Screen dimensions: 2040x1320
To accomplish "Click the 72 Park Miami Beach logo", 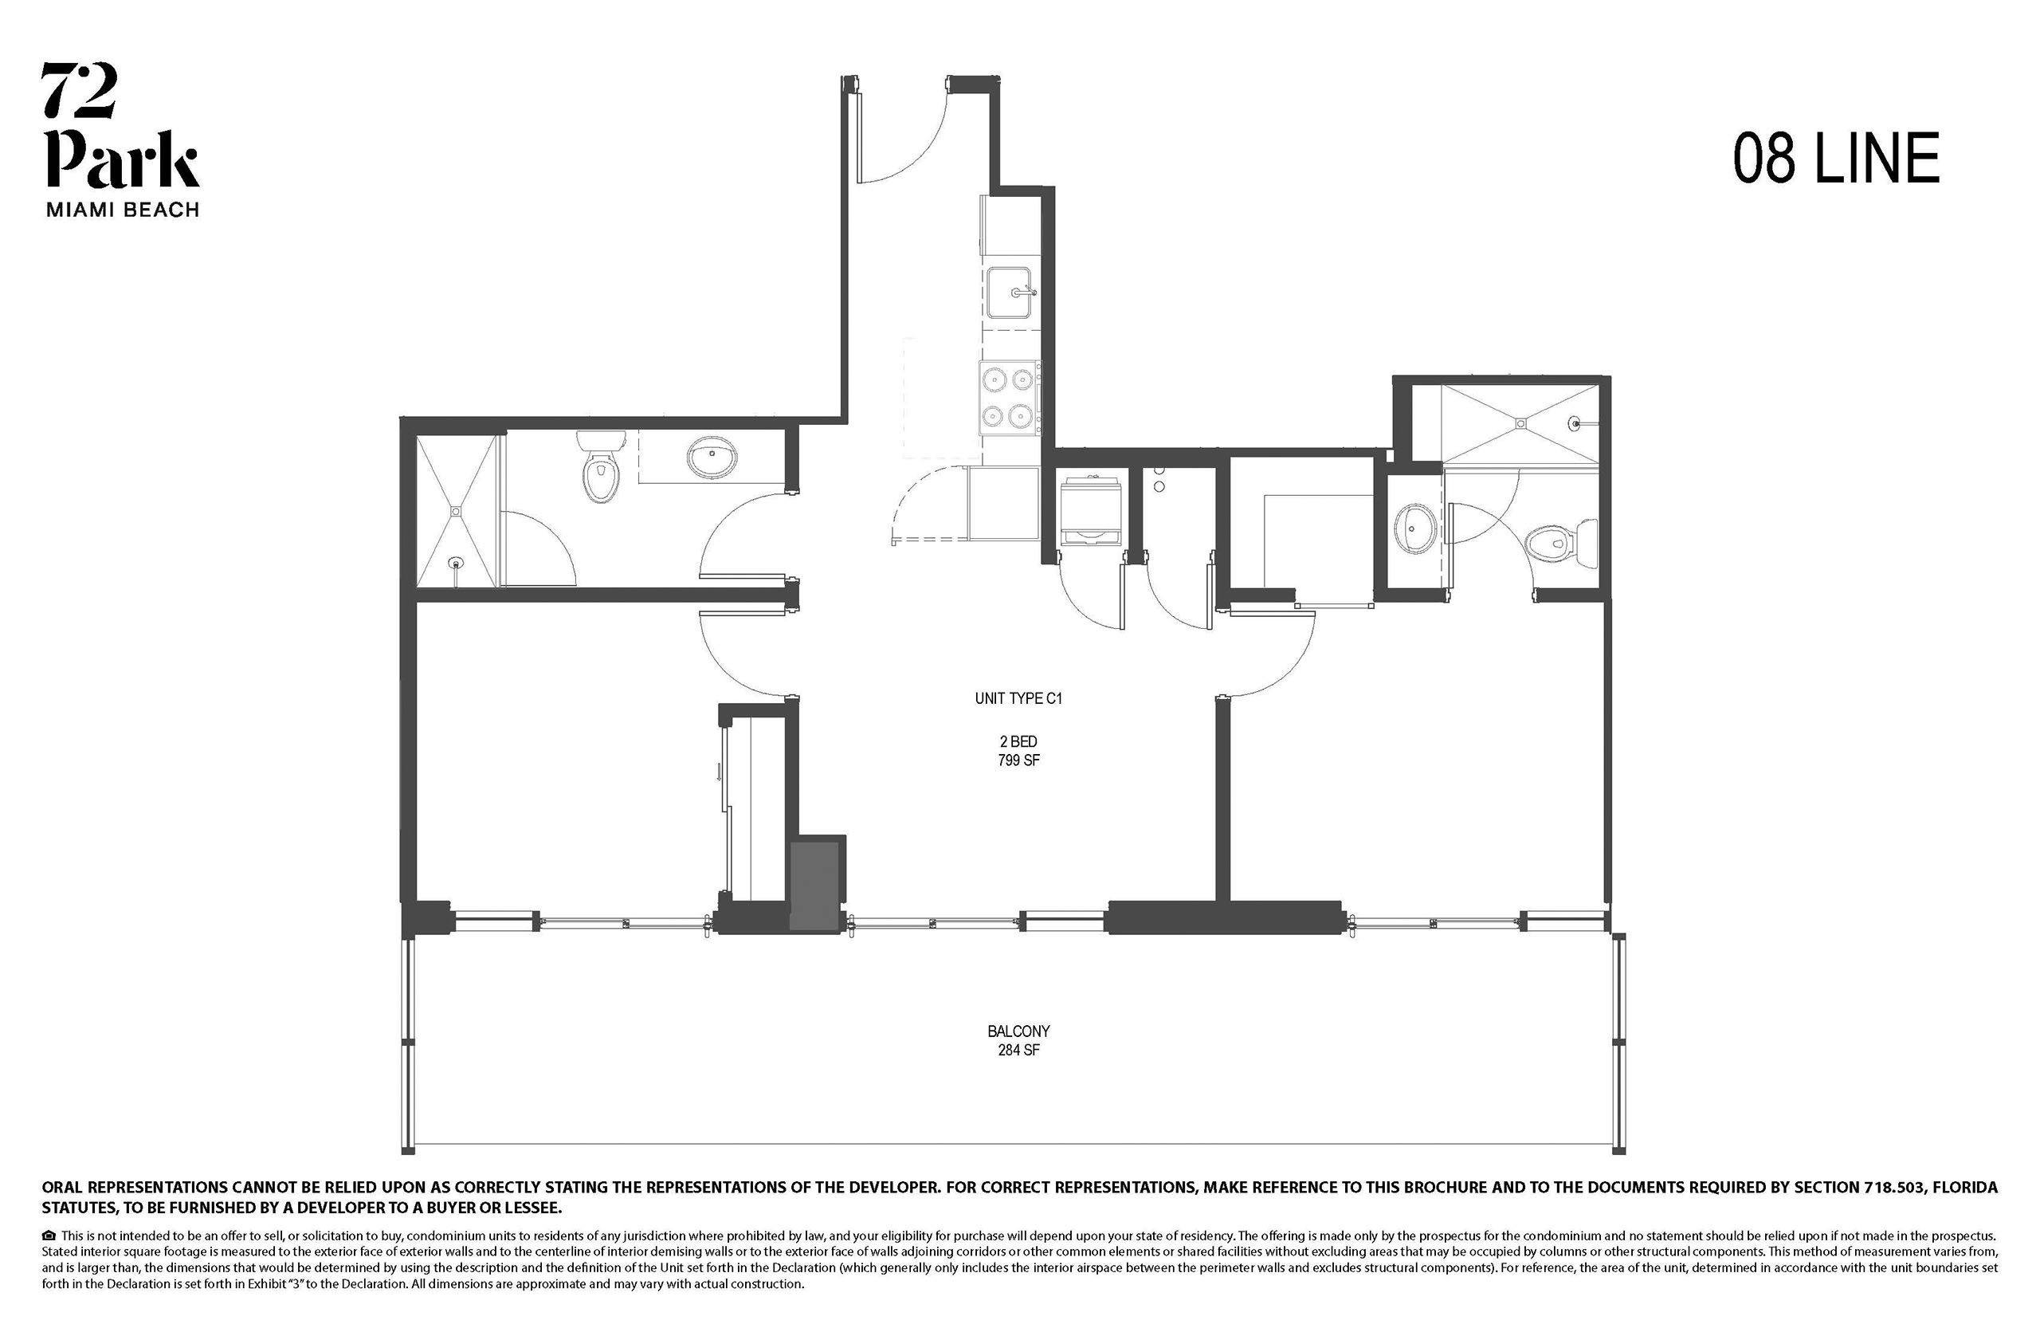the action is [x=122, y=139].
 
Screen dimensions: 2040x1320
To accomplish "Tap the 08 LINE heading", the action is [x=1836, y=159].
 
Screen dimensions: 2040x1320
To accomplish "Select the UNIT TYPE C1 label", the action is [x=1018, y=698].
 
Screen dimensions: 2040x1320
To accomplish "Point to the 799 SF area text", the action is [x=1018, y=760].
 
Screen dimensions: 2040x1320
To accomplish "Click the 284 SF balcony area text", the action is [x=1018, y=1050].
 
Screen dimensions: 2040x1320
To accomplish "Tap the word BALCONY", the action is [x=1018, y=1031].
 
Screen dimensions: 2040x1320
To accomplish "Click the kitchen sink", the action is [x=1011, y=293].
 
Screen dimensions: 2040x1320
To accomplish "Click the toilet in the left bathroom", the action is [x=600, y=466].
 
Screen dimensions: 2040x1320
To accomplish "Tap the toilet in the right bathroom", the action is [x=1562, y=543].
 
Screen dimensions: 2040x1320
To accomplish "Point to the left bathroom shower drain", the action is [x=457, y=512].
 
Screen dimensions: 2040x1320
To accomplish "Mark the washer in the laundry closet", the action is [x=1091, y=512].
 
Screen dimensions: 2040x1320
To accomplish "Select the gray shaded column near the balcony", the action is [x=813, y=886].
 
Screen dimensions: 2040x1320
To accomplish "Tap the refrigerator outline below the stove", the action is [x=1002, y=502].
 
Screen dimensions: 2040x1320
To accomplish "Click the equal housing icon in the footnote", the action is [x=49, y=1236].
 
